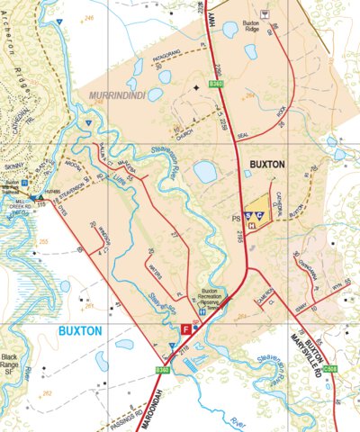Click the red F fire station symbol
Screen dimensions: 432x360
[x=186, y=330]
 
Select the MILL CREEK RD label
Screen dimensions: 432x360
[x=20, y=205]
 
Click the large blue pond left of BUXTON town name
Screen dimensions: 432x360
[x=205, y=172]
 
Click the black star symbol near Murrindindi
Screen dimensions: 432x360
[x=196, y=88]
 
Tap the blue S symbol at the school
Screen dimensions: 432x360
[x=248, y=217]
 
